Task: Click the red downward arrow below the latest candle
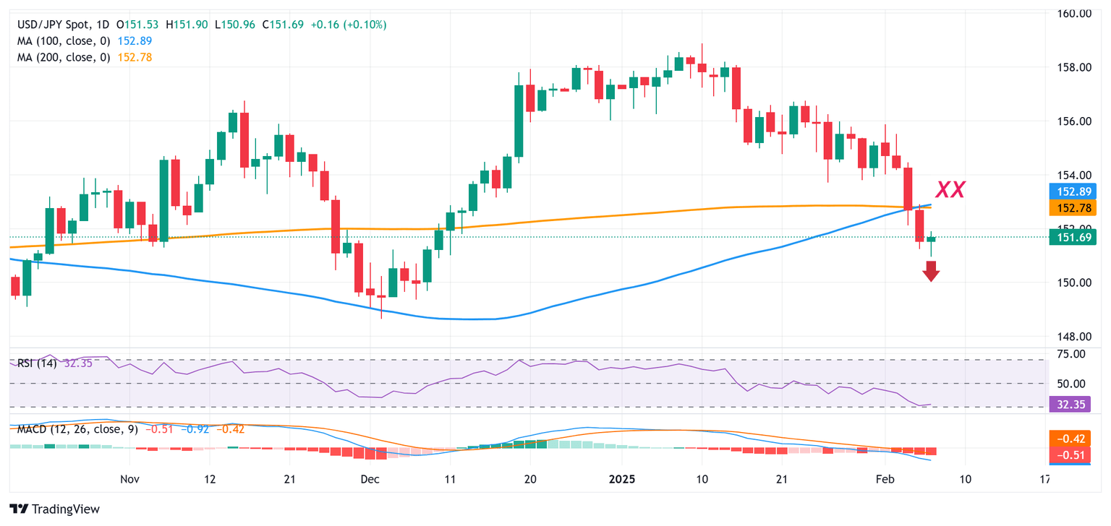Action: [931, 272]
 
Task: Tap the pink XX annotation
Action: [950, 190]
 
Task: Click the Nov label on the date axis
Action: [129, 479]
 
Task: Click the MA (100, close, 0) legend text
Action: [64, 41]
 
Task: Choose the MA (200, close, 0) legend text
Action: [64, 57]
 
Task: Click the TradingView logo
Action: [55, 509]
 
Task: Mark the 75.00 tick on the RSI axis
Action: [1071, 354]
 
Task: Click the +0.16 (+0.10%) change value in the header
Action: [349, 25]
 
